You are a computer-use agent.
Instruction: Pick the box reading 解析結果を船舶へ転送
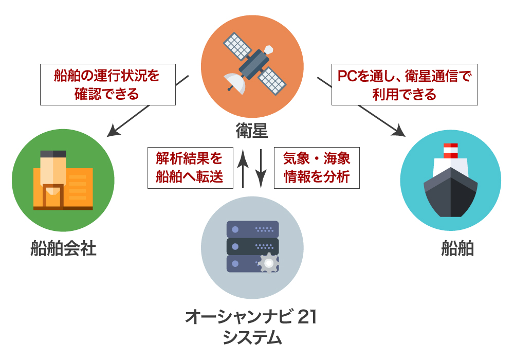tap(189, 168)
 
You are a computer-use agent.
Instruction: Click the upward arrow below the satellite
tap(243, 167)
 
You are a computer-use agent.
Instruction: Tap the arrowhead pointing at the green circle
tap(114, 132)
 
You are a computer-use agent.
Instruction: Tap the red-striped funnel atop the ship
tap(450, 151)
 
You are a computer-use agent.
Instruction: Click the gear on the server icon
tap(268, 262)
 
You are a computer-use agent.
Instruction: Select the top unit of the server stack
tap(252, 229)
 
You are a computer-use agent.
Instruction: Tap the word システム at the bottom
tap(252, 338)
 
